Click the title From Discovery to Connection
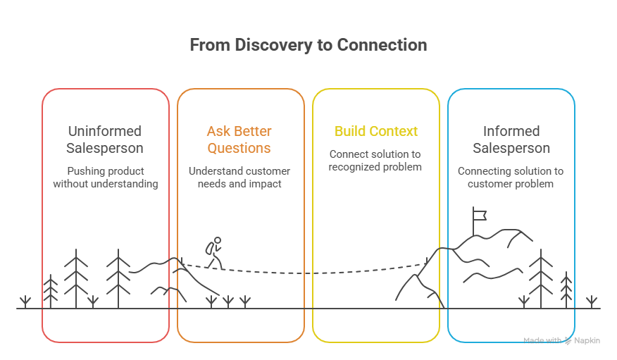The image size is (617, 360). [308, 45]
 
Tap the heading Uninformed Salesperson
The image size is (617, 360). [105, 139]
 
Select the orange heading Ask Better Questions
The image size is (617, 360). [239, 139]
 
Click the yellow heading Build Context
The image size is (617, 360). [375, 131]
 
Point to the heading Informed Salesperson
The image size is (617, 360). [511, 139]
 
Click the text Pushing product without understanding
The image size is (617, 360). [105, 178]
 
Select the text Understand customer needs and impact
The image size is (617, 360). [239, 178]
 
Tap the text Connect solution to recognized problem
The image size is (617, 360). [375, 160]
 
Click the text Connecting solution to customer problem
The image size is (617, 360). [511, 178]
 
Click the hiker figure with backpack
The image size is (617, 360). [213, 252]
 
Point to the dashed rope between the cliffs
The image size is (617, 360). [310, 272]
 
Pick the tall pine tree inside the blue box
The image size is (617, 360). [541, 278]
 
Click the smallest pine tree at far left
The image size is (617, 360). [50, 290]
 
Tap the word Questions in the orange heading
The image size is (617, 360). [239, 149]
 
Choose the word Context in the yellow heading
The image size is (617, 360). [394, 131]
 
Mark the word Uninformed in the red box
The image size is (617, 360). [105, 131]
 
